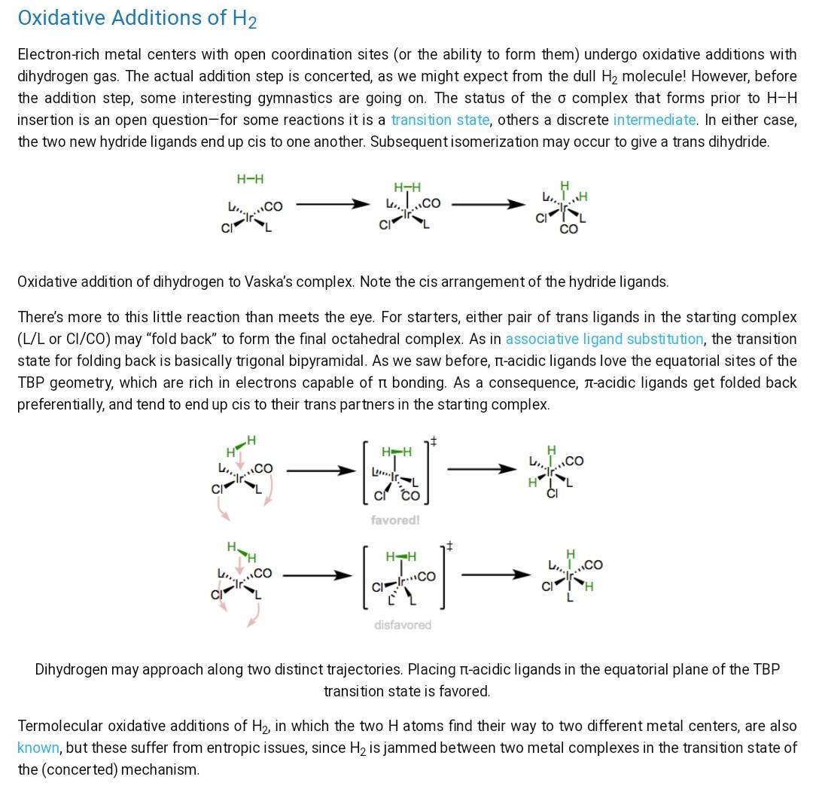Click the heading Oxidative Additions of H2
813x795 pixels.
coord(137,18)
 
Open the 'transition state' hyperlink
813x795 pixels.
coord(440,120)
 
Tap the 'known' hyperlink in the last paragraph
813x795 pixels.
coord(38,748)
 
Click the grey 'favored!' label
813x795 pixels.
coord(394,520)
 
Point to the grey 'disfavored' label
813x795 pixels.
coord(403,625)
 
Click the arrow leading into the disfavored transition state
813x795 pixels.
coord(317,576)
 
